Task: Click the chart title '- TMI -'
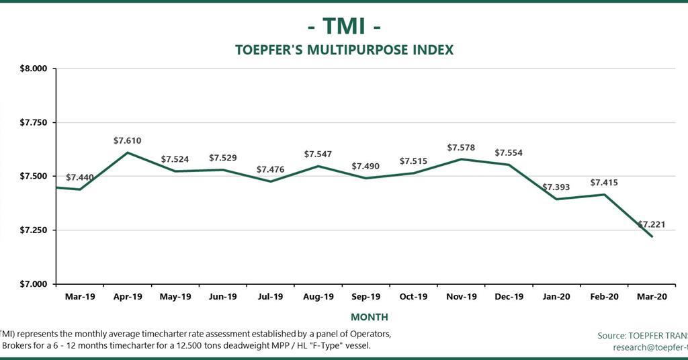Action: point(344,26)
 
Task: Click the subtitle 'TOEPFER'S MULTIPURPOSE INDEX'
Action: point(344,50)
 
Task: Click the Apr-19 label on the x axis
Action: point(128,296)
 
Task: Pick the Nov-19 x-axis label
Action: point(462,296)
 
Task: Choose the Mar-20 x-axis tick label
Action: point(652,296)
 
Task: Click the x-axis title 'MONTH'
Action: point(369,316)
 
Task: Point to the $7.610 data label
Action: point(127,140)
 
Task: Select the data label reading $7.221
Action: point(652,224)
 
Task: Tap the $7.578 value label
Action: point(461,148)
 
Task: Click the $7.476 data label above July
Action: point(271,170)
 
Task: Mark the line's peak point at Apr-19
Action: point(128,152)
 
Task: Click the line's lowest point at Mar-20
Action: point(652,236)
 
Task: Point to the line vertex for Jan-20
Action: point(556,199)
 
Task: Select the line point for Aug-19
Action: point(318,166)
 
